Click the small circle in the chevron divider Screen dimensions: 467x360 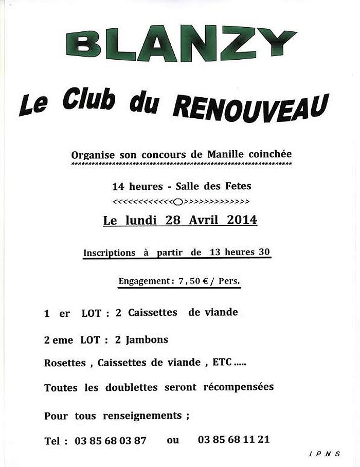pyautogui.click(x=178, y=201)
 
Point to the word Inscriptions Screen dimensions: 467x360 pyautogui.click(x=109, y=253)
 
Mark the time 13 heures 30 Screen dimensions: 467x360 pyautogui.click(x=240, y=252)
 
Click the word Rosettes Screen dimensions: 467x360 pyautogui.click(x=65, y=363)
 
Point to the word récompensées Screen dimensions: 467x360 pyautogui.click(x=238, y=387)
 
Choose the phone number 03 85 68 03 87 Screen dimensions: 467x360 pyautogui.click(x=110, y=441)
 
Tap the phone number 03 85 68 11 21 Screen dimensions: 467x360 pyautogui.click(x=233, y=440)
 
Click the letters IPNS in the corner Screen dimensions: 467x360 pyautogui.click(x=325, y=454)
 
